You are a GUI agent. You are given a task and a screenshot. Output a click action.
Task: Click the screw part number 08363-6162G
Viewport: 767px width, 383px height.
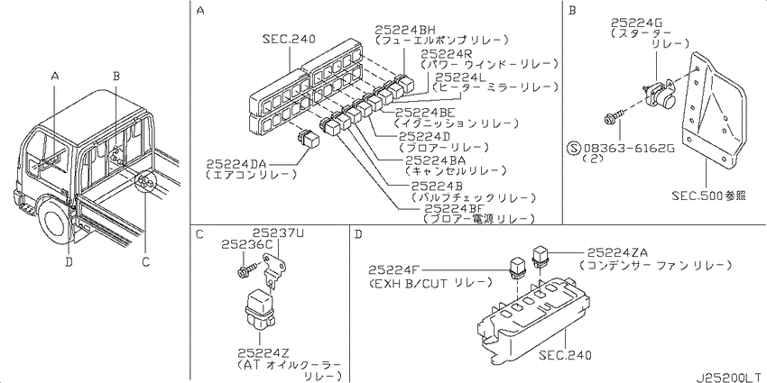[629, 148]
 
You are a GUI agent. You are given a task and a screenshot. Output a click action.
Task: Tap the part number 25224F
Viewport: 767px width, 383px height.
[394, 269]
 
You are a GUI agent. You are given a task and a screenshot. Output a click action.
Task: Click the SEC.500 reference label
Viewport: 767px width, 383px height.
[708, 196]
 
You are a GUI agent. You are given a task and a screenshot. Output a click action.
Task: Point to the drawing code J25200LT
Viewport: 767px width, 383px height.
[730, 378]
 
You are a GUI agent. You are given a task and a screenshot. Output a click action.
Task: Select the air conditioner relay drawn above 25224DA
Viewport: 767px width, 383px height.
[309, 140]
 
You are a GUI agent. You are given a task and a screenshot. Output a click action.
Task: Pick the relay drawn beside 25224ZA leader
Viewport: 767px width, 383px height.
[540, 257]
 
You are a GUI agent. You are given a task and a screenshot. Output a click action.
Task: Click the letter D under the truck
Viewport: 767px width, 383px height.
[69, 262]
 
